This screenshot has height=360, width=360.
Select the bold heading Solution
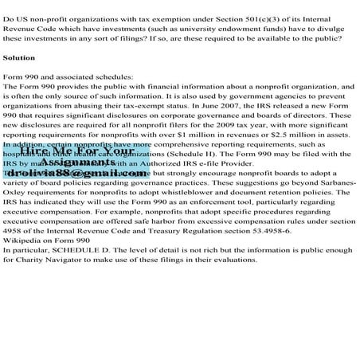(x=19, y=58)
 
